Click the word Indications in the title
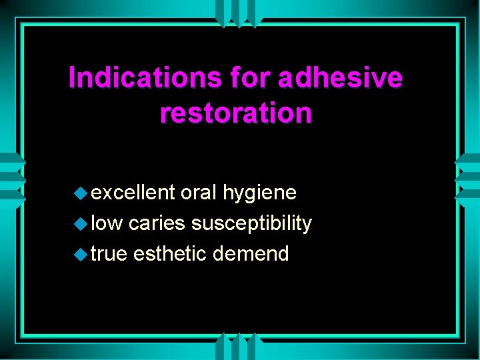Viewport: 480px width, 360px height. [x=145, y=79]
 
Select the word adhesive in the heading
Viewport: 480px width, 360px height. [x=340, y=79]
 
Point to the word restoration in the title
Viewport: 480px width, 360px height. [x=235, y=113]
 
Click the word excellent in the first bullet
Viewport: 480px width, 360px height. [x=133, y=193]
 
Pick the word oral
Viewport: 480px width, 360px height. [x=199, y=193]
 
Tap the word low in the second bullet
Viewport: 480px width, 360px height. [x=107, y=223]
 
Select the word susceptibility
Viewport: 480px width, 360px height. [x=251, y=224]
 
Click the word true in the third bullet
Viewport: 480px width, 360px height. [x=109, y=254]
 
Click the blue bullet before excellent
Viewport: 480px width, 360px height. [x=80, y=193]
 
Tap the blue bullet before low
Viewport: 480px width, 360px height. [x=80, y=224]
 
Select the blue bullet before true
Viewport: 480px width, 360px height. [x=80, y=255]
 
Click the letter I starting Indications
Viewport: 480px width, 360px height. [x=72, y=79]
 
